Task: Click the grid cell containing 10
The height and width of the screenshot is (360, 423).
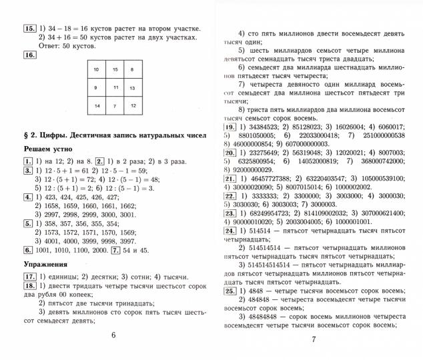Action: tap(97, 69)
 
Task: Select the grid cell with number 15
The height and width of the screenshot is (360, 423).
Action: tap(115, 69)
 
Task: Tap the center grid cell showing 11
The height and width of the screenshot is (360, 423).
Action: tap(115, 87)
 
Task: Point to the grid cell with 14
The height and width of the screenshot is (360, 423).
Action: tap(97, 106)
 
